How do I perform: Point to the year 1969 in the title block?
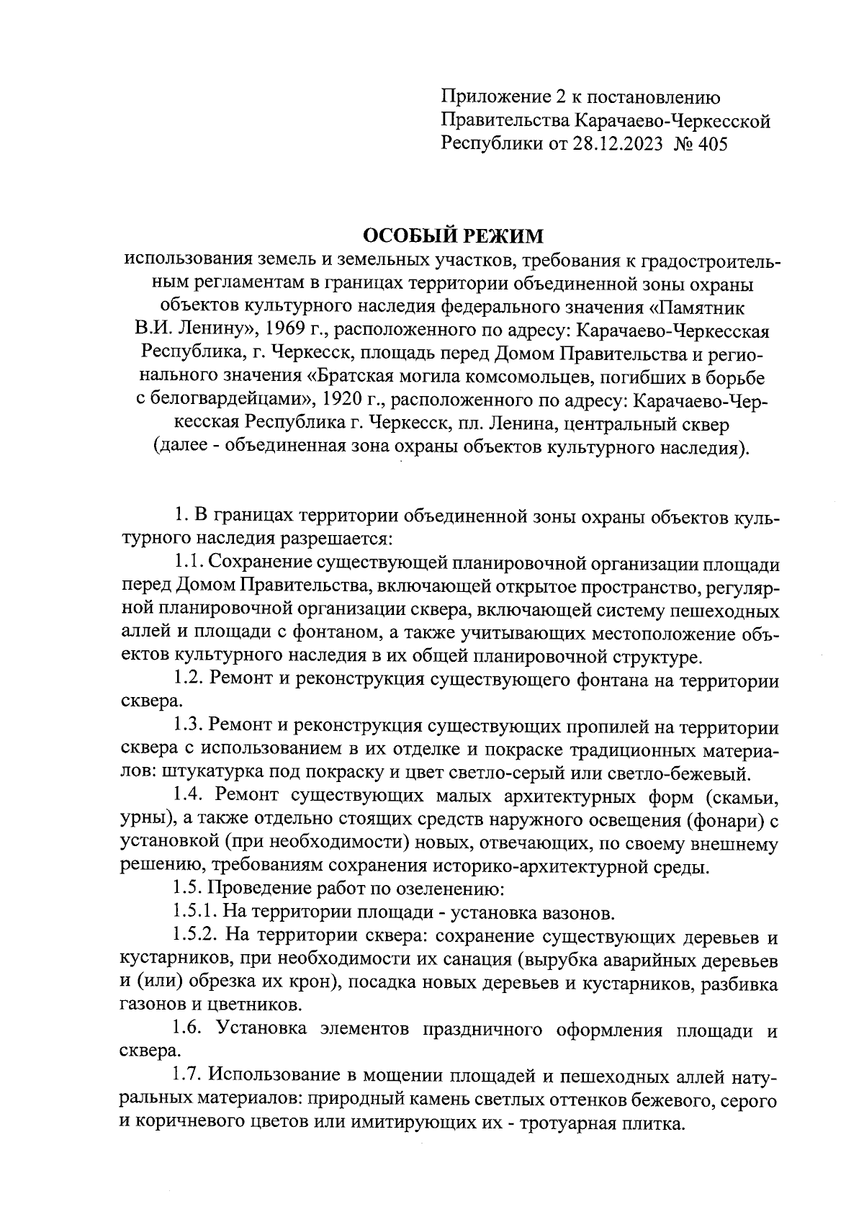coord(286,331)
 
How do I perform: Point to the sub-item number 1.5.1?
coord(196,914)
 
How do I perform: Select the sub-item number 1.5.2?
coord(196,938)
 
